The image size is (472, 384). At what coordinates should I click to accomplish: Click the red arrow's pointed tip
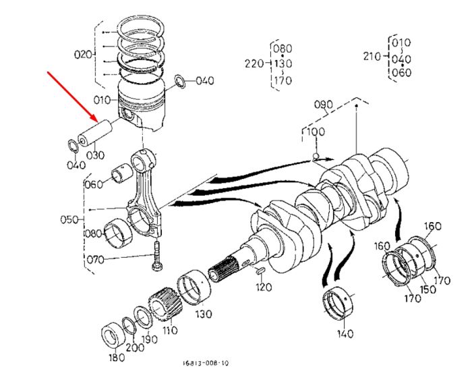tap(98, 121)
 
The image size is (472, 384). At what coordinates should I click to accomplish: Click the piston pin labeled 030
tap(95, 133)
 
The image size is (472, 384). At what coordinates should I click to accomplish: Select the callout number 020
tap(83, 55)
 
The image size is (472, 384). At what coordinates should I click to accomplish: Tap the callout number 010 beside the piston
tap(102, 100)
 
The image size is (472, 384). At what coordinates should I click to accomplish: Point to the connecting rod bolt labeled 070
tap(157, 256)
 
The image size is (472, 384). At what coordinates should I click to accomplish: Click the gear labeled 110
tap(166, 306)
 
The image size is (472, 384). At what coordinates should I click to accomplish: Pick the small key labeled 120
tap(260, 271)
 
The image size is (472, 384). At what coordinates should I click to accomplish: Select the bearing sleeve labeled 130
tap(194, 287)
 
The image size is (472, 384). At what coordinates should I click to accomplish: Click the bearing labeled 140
tap(338, 303)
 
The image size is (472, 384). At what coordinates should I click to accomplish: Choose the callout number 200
tap(135, 348)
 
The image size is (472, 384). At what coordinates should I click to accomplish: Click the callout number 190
tap(149, 339)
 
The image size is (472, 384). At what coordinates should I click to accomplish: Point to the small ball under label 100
tap(316, 156)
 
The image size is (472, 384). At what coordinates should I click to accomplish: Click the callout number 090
tap(323, 105)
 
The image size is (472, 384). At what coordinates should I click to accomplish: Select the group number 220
tap(254, 64)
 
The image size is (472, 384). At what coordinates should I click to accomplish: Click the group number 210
tap(372, 56)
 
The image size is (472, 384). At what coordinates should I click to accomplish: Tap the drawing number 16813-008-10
tap(206, 363)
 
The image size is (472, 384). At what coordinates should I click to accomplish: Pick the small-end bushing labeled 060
tap(121, 173)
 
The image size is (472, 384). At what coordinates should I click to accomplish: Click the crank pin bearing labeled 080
tap(118, 234)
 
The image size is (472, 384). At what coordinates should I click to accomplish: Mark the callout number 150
tap(427, 290)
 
